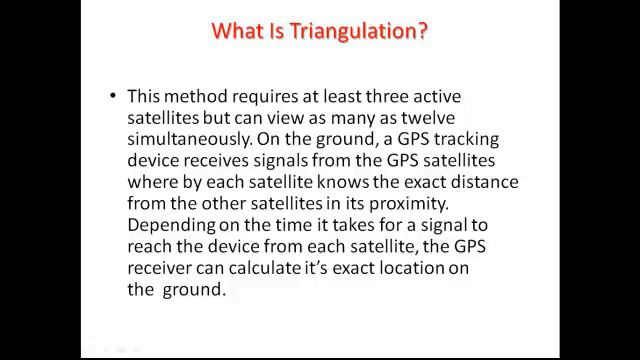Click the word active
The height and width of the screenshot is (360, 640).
click(x=440, y=96)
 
